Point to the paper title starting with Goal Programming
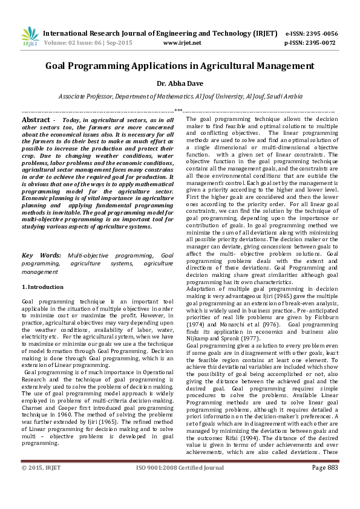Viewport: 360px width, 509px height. pos(180,66)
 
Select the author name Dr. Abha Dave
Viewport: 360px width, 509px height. pos(180,84)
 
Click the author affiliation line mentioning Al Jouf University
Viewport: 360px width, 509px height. pos(180,96)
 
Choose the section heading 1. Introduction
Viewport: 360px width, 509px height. pos(42,287)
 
